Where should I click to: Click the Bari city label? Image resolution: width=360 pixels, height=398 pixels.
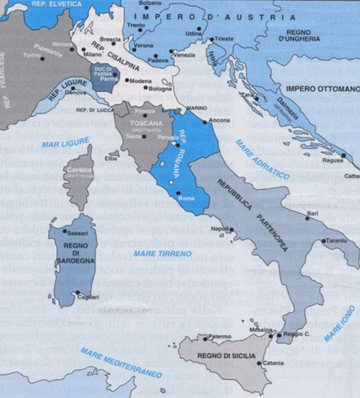(x=312, y=212)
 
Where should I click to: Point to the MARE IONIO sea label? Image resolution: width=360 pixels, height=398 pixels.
(x=340, y=323)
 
